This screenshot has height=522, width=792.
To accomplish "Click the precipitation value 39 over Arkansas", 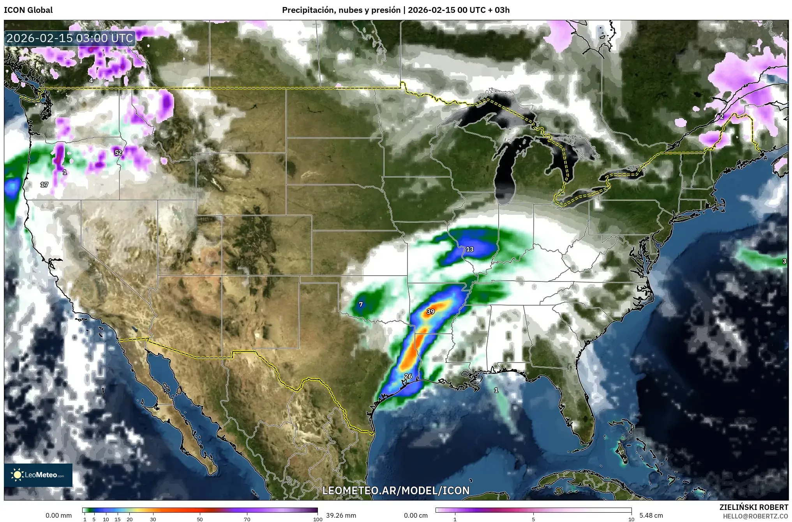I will tap(430, 311).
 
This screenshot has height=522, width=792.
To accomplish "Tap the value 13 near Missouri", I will tap(470, 249).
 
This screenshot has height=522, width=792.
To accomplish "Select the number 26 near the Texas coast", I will tap(408, 376).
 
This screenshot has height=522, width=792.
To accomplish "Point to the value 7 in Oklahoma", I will tap(361, 304).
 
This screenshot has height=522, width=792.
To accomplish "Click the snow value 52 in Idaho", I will tap(118, 153).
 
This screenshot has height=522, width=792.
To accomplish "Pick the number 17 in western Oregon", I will tap(44, 184).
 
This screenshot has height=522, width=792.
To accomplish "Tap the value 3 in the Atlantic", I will tap(784, 261).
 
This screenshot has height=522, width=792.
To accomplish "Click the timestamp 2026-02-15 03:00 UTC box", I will tap(70, 38).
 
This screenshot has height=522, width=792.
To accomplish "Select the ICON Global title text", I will tap(28, 10).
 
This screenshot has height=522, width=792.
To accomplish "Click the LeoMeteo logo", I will tap(38, 475).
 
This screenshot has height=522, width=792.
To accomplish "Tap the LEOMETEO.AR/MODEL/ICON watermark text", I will tap(396, 490).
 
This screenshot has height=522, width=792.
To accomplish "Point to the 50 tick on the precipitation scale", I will tap(200, 519).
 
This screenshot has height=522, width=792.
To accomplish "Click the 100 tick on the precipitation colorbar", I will tap(318, 519).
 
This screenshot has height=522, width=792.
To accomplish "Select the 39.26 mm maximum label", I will tap(341, 515).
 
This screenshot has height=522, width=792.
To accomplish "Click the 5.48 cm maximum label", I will tap(651, 515).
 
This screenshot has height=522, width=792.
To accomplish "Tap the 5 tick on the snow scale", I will tap(533, 519).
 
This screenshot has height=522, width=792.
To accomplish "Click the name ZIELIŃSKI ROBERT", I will tap(754, 507).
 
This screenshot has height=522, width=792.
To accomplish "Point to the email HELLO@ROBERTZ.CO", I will tap(755, 516).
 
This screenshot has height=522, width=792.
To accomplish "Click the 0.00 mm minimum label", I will tap(58, 515).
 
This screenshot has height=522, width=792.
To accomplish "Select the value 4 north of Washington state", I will tap(91, 80).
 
